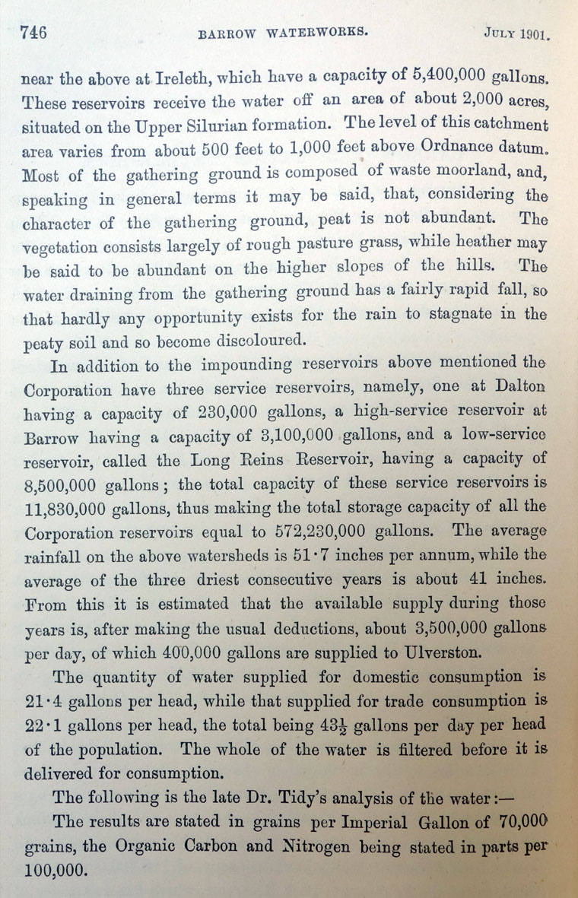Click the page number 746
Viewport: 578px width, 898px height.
(33, 32)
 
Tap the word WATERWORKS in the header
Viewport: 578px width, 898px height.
(303, 33)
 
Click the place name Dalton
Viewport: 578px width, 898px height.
(513, 386)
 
